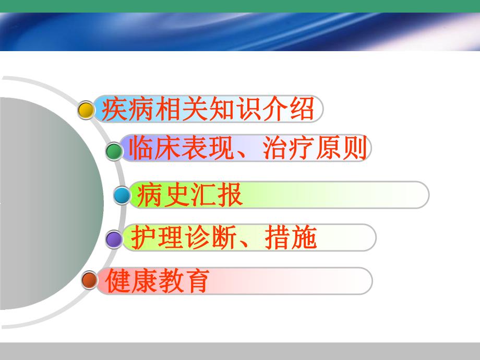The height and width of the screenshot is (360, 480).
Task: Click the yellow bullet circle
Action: tap(86, 110)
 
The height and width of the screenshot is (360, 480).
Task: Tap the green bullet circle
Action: tap(114, 152)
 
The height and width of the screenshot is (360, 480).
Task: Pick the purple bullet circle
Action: tap(114, 239)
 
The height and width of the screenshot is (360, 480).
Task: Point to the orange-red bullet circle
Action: tap(90, 280)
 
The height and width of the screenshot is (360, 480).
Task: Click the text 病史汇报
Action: tap(189, 196)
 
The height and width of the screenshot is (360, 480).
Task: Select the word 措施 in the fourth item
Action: tap(290, 238)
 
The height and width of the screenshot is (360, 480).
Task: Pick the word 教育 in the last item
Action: tap(183, 281)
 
